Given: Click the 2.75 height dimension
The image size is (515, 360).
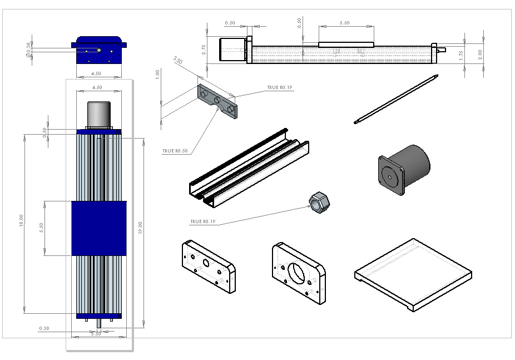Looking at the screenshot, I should click(204, 49).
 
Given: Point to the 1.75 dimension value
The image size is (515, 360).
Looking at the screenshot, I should click(461, 56).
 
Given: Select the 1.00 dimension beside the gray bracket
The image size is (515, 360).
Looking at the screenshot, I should click(157, 73).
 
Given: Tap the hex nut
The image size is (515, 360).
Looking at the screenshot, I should click(319, 202).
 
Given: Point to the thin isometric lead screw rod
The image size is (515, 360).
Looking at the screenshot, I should click(397, 98).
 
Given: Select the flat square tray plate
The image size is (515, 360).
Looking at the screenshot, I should click(413, 273).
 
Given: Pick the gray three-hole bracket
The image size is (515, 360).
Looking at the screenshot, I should click(217, 101).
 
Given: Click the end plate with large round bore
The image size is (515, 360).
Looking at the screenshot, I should click(299, 272).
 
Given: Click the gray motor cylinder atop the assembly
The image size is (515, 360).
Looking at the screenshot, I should click(99, 114).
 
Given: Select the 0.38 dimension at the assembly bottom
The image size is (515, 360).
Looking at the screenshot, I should click(44, 328).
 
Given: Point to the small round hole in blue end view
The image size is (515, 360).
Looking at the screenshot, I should click(99, 50).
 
